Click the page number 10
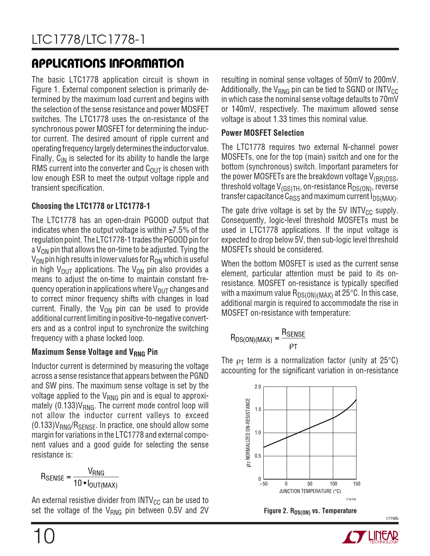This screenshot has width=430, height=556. click(x=44, y=536)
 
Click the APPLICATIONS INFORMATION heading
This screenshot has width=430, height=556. click(x=108, y=63)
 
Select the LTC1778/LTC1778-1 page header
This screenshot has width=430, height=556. click(x=89, y=40)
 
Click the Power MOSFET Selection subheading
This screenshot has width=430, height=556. click(x=262, y=133)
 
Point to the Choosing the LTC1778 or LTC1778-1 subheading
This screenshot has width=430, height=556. click(x=91, y=206)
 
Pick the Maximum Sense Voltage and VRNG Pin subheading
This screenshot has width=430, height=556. click(x=94, y=352)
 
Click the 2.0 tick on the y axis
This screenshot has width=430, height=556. click(x=258, y=387)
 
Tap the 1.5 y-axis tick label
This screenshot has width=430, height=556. click(x=258, y=410)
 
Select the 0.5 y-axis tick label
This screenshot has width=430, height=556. click(x=258, y=456)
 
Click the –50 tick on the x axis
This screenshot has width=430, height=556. click(x=263, y=484)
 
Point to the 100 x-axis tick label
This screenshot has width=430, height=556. click(x=333, y=484)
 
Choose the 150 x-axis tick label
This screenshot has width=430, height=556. click(x=356, y=484)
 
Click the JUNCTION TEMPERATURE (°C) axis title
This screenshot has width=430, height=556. click(x=310, y=491)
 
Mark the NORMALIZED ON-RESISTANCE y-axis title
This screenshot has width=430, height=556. click(x=249, y=433)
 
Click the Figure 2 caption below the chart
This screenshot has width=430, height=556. click(x=310, y=511)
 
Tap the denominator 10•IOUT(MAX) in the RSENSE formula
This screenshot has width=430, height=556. click(x=95, y=484)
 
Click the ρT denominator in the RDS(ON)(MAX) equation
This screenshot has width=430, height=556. click(x=293, y=346)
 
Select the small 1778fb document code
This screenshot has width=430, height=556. click(x=392, y=519)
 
